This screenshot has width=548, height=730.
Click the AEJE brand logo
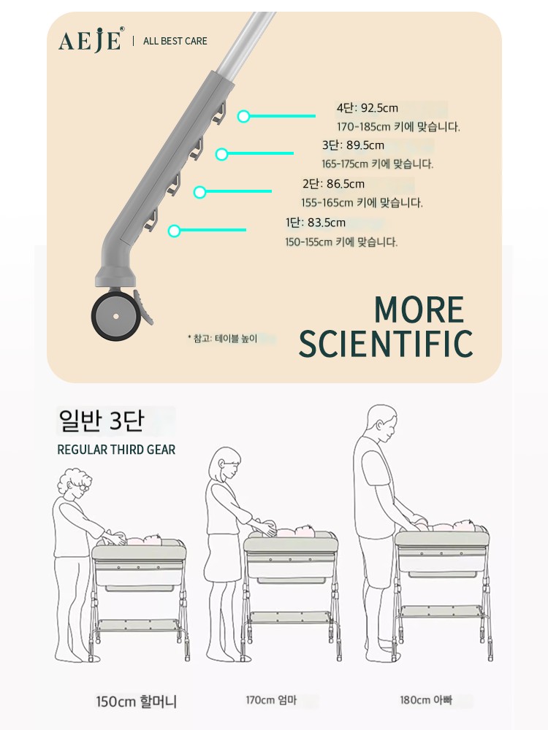(91, 39)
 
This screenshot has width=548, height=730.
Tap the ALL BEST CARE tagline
(175, 41)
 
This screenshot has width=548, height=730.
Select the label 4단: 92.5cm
(368, 108)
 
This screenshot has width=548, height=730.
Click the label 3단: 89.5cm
(353, 145)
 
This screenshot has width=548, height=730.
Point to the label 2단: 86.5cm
(333, 184)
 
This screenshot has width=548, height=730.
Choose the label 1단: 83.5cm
(316, 223)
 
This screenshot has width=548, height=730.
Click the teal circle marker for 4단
(243, 116)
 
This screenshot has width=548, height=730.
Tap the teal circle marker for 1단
(175, 231)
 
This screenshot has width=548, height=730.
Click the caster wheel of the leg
(115, 316)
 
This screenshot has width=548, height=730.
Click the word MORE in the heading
(419, 310)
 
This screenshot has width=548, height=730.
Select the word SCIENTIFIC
(385, 344)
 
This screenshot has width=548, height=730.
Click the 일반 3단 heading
(101, 420)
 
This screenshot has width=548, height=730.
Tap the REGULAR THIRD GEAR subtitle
(116, 450)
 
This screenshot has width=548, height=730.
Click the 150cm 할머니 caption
(136, 701)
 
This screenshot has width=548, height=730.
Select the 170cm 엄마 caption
(271, 700)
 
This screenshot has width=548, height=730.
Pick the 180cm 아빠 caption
(425, 700)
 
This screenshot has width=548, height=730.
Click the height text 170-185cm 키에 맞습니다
(398, 126)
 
